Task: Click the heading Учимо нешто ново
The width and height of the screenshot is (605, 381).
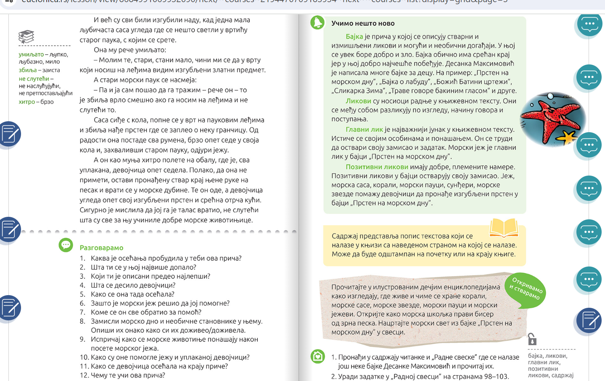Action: (x=362, y=24)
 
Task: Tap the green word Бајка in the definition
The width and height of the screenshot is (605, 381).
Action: (x=354, y=37)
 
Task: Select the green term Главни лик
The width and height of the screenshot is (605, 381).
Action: (x=364, y=130)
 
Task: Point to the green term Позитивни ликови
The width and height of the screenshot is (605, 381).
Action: (x=377, y=167)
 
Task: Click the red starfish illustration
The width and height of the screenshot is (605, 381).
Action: (x=552, y=119)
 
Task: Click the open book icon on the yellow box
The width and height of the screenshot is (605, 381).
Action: (x=504, y=228)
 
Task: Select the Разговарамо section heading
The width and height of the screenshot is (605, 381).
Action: (x=101, y=248)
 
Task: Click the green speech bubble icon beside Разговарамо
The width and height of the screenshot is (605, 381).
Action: (x=66, y=245)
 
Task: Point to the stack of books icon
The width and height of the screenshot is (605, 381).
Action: (x=26, y=37)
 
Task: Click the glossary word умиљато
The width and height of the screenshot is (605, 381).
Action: (x=31, y=54)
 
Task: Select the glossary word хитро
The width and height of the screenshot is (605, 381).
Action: (x=26, y=102)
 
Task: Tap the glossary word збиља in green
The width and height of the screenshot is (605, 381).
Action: (x=28, y=70)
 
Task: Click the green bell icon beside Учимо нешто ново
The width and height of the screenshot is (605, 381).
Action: (x=317, y=23)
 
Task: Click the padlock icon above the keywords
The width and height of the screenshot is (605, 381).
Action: (x=532, y=339)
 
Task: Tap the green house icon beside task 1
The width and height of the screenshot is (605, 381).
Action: (x=317, y=357)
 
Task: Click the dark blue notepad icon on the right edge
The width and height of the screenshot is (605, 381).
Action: (x=589, y=321)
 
